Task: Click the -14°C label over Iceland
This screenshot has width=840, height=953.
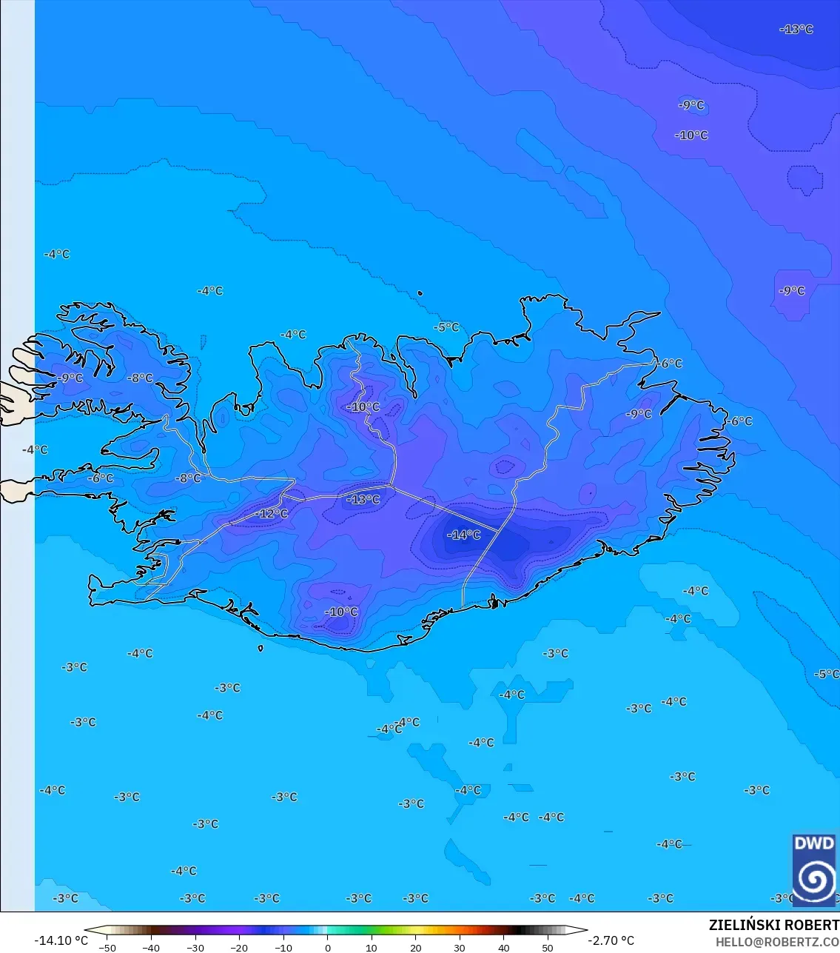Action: (x=464, y=535)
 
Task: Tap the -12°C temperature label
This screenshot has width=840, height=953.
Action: (x=272, y=514)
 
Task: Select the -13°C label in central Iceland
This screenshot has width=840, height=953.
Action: (x=363, y=500)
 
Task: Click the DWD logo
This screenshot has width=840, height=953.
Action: (x=814, y=870)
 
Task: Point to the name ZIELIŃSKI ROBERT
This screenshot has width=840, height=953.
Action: (x=773, y=926)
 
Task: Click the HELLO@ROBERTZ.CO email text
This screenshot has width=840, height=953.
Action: (x=777, y=942)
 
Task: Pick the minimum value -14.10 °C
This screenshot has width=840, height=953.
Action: (x=61, y=940)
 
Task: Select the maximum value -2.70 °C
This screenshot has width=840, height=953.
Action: (x=611, y=940)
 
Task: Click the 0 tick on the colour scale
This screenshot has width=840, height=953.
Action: (x=328, y=948)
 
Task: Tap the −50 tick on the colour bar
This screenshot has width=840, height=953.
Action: (x=107, y=948)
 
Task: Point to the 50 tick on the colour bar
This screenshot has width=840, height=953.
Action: (x=548, y=948)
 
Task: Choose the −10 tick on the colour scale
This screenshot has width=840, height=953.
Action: (x=283, y=948)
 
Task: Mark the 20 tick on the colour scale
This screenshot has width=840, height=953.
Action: (x=415, y=948)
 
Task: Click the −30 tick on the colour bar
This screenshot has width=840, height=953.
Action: (x=195, y=948)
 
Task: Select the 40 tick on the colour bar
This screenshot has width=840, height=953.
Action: (x=504, y=948)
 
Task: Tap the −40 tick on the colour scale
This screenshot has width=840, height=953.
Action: (x=151, y=948)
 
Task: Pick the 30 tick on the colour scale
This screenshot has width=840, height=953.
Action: (x=460, y=948)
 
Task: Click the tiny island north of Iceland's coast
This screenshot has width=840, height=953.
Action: (x=420, y=293)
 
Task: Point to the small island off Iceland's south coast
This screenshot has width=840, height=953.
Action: (x=261, y=649)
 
